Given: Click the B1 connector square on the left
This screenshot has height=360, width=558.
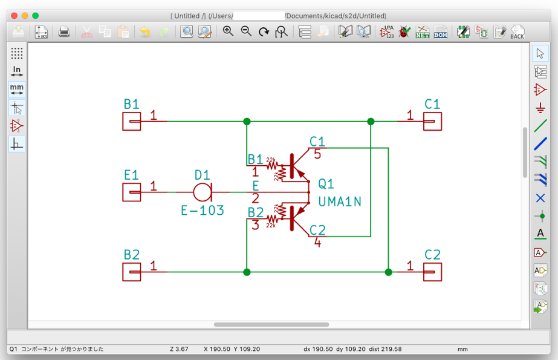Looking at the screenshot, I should pyautogui.click(x=132, y=122).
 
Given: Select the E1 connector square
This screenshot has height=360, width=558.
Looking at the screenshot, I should pyautogui.click(x=132, y=192).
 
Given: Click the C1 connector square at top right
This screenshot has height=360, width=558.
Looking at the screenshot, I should pyautogui.click(x=432, y=122).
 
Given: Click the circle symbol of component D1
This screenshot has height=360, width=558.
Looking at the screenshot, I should pyautogui.click(x=202, y=192).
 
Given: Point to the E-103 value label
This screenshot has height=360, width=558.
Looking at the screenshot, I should pyautogui.click(x=203, y=211).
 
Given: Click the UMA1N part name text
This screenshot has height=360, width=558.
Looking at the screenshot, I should pyautogui.click(x=339, y=201).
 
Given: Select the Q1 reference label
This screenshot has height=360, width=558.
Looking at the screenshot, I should pyautogui.click(x=326, y=184).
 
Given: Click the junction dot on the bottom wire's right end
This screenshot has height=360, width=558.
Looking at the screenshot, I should pyautogui.click(x=388, y=272).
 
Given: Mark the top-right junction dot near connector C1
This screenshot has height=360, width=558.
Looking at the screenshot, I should pyautogui.click(x=371, y=122).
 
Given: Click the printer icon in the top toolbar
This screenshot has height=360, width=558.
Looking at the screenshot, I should pyautogui.click(x=64, y=32).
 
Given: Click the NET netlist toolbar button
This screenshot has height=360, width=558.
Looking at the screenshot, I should pyautogui.click(x=422, y=32).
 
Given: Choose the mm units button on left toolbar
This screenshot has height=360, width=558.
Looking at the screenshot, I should pyautogui.click(x=17, y=89).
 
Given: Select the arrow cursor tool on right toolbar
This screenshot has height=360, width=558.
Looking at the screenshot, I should pyautogui.click(x=540, y=54).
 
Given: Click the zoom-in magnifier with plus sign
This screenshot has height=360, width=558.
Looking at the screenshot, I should pyautogui.click(x=228, y=31).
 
